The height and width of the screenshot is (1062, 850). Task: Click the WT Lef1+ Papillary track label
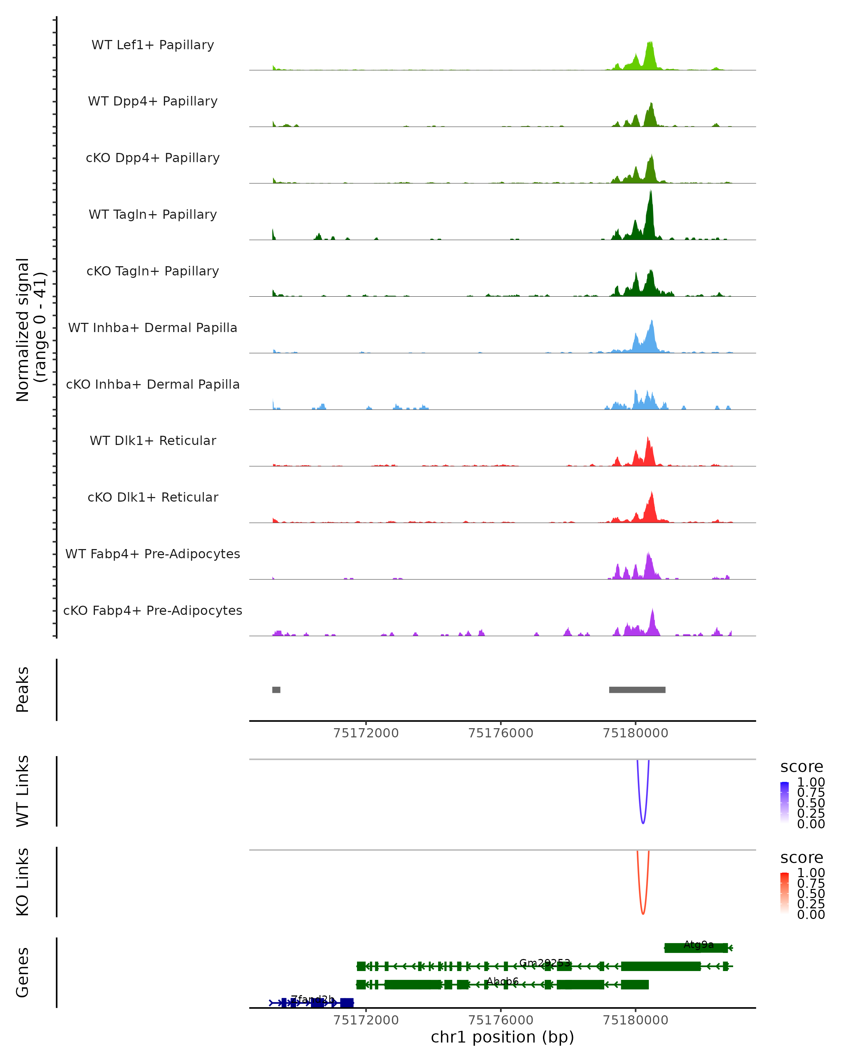click(x=153, y=45)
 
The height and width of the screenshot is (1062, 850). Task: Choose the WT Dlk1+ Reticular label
click(x=153, y=440)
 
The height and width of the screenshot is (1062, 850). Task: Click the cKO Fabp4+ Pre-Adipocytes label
click(x=153, y=610)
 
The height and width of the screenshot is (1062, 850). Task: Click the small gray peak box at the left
click(x=277, y=690)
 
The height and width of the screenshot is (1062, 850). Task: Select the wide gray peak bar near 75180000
click(x=637, y=690)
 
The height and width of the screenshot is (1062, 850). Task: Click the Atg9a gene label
click(x=699, y=944)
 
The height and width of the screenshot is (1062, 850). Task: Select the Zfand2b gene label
click(x=312, y=999)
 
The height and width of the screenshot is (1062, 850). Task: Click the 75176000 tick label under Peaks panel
click(x=501, y=733)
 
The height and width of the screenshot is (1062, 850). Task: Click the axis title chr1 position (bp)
click(x=502, y=1037)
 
